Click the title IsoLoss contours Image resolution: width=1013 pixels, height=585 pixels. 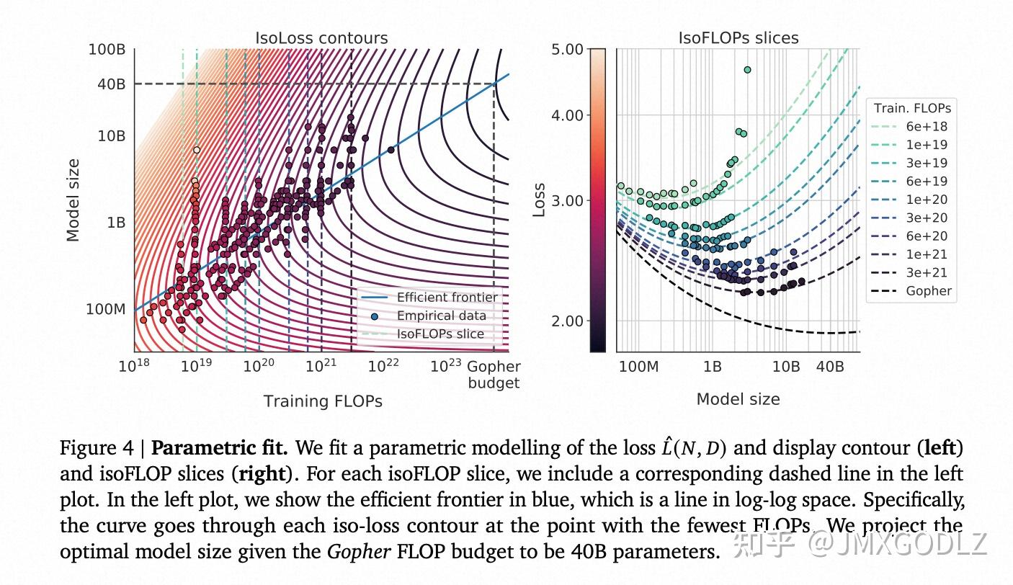pos(321,38)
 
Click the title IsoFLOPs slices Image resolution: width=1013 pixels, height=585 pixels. pos(738,38)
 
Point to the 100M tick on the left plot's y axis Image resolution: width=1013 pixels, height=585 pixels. pos(105,309)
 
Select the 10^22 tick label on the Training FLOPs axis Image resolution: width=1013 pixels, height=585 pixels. pos(383,367)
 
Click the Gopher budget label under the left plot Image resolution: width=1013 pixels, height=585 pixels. pos(494,375)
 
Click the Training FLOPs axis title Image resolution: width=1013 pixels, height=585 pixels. pos(322,401)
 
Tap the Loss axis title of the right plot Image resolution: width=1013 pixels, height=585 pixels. pos(539,200)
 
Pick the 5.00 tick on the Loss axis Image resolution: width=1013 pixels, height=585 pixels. pos(568,50)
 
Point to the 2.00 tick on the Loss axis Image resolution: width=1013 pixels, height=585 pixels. pos(568,321)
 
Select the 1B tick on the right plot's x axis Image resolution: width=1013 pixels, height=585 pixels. pos(712,367)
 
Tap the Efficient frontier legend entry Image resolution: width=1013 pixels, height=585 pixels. pos(447,298)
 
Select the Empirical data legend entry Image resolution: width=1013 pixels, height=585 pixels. pos(441,316)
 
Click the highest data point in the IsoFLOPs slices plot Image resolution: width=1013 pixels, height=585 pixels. pos(747,70)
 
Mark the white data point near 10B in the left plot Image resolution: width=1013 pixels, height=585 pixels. pos(197,150)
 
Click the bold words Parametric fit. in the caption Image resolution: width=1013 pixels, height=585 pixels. pos(220,448)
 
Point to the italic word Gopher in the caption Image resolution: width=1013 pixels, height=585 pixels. pos(353,553)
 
